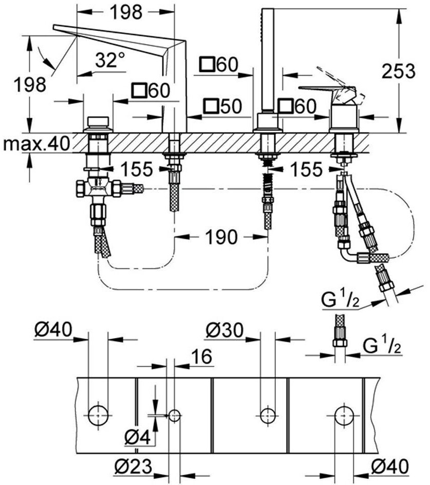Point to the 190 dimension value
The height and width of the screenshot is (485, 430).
222,237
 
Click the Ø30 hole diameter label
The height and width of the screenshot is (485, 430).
225,331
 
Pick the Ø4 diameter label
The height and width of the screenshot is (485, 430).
138,437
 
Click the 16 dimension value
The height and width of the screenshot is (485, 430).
202,356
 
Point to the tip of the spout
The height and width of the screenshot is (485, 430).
54,28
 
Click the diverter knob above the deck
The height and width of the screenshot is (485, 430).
98,123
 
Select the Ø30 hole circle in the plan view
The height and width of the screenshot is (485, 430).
267,416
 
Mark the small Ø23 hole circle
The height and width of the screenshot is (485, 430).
175,416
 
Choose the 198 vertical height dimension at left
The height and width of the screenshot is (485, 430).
30,84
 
